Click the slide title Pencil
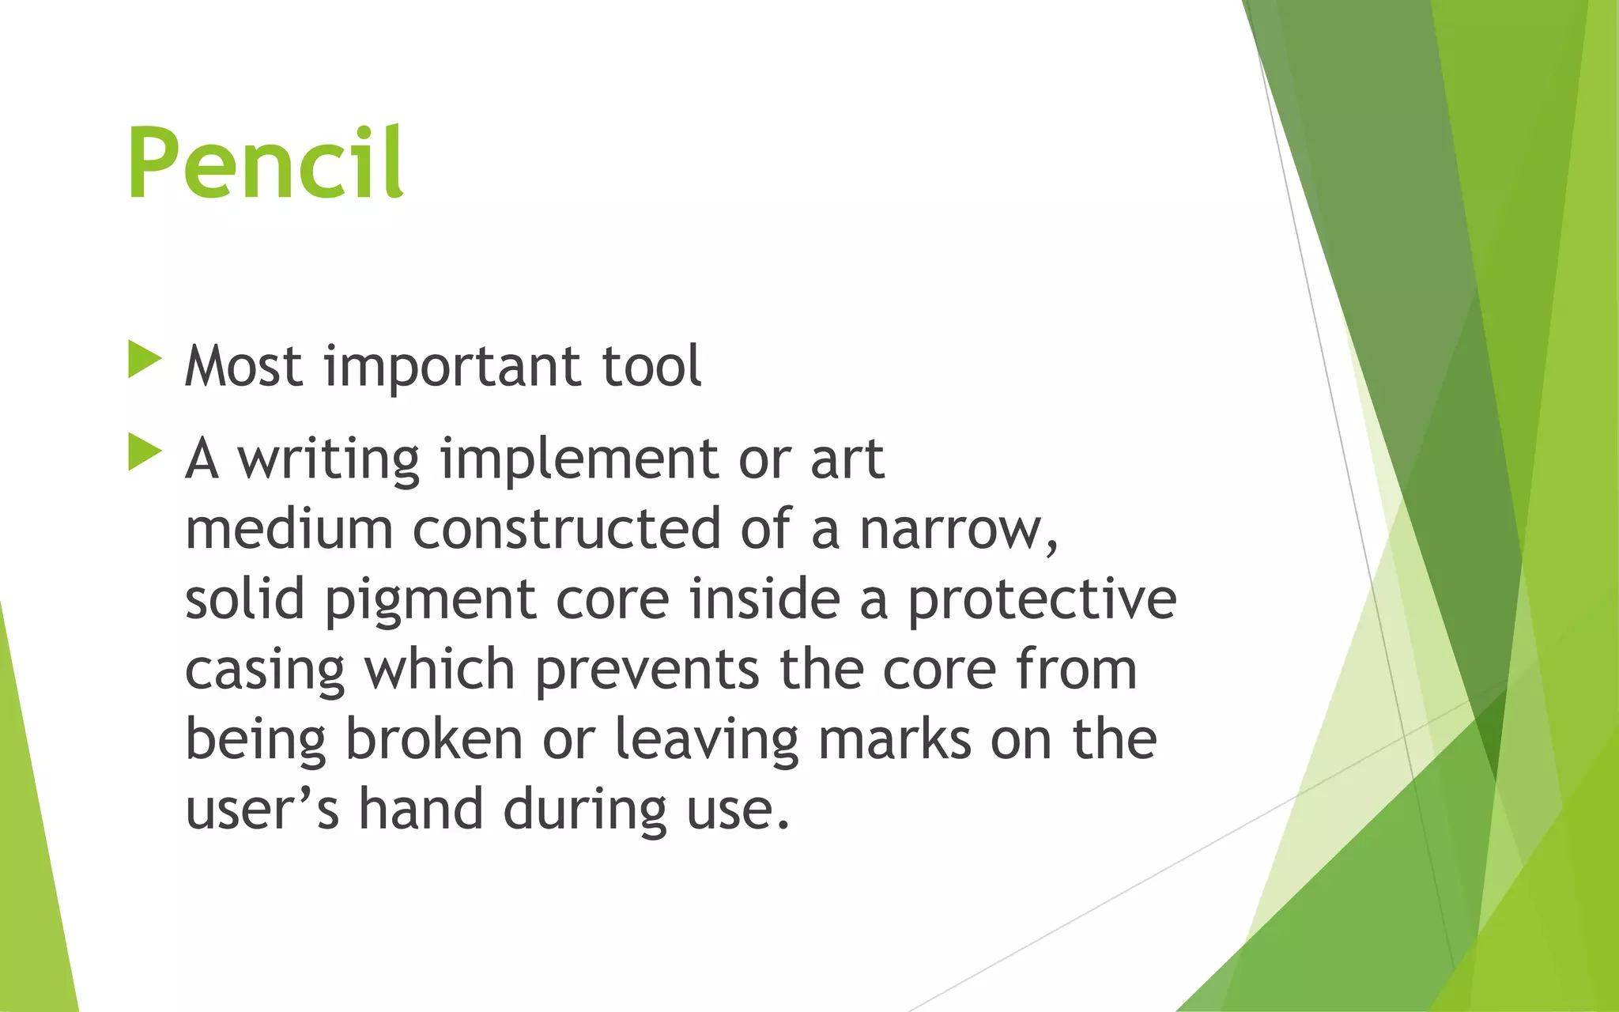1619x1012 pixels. [x=266, y=164]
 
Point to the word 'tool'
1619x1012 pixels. [x=651, y=368]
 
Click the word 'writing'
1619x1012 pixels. [x=329, y=460]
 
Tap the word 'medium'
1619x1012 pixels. [x=289, y=530]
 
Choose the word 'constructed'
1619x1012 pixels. [x=567, y=530]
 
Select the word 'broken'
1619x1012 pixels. [x=434, y=740]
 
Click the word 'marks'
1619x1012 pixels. [x=894, y=740]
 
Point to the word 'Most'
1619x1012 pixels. [x=243, y=368]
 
